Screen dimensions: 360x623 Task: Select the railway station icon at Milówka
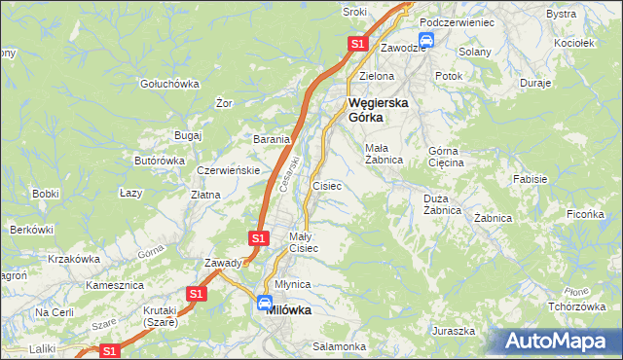(264, 304)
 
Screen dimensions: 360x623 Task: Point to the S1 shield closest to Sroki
(357, 44)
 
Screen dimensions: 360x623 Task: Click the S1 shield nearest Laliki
(110, 350)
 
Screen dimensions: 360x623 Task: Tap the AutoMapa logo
(559, 342)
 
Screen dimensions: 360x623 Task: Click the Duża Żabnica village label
(441, 203)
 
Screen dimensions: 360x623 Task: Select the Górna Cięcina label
(447, 157)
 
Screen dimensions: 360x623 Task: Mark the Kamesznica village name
(115, 286)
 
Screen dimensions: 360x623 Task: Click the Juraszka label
(455, 331)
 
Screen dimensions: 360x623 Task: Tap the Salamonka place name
(339, 346)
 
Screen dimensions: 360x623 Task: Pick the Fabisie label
(531, 180)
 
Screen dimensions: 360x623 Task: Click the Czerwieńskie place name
(227, 170)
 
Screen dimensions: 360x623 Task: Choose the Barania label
(272, 139)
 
